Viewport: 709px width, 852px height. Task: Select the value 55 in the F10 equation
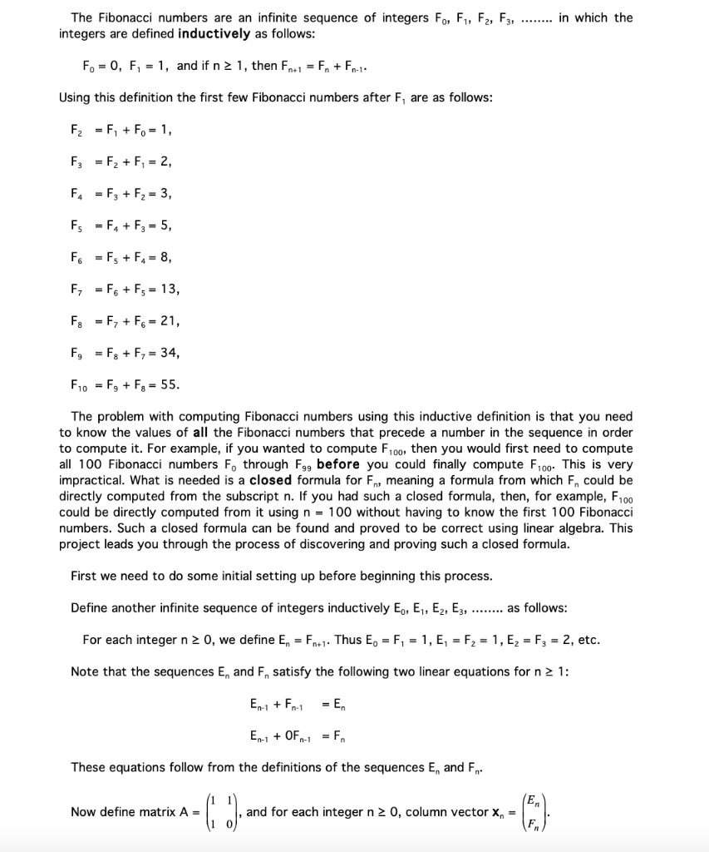(x=166, y=385)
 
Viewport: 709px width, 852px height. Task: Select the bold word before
(x=337, y=464)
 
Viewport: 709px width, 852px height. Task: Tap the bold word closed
(x=272, y=480)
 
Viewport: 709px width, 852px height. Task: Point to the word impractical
(x=91, y=480)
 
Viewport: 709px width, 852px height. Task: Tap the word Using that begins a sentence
(x=76, y=97)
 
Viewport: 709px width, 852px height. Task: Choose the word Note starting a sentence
(x=86, y=672)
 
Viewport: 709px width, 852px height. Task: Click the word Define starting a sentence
(x=92, y=607)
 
